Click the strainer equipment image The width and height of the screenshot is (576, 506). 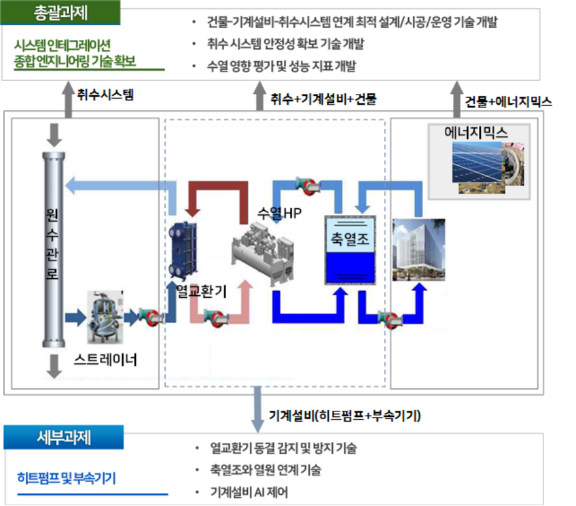click(106, 317)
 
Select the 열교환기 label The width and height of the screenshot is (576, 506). click(202, 291)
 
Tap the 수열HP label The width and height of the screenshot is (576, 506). click(279, 212)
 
